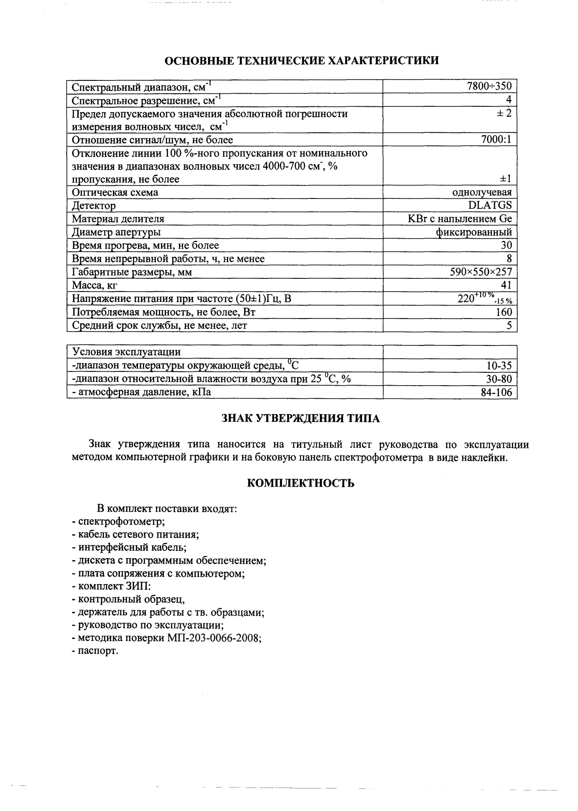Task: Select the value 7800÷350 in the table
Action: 489,87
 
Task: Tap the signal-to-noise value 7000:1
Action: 496,140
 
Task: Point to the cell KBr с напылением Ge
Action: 460,219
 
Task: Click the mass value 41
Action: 506,285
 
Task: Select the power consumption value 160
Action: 504,312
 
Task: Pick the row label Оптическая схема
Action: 115,193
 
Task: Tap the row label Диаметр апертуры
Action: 116,232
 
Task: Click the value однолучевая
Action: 482,193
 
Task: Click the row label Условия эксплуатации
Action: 126,352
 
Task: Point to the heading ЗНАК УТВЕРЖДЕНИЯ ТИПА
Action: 301,418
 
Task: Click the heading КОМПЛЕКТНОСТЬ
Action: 301,483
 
